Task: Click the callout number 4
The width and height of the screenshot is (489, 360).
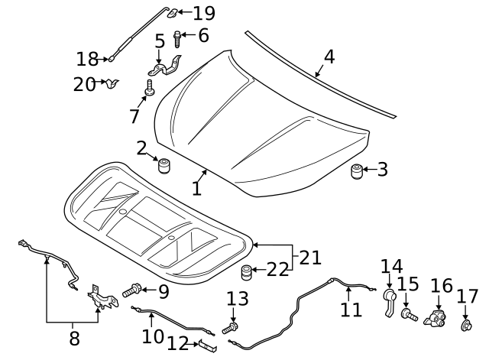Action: click(329, 57)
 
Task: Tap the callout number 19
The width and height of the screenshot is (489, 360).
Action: click(204, 13)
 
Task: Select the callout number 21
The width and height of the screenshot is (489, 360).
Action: click(309, 258)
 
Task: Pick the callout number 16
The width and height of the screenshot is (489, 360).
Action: click(441, 287)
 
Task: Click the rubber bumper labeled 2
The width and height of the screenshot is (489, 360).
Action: click(163, 166)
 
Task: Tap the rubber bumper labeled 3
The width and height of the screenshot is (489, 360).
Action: click(356, 170)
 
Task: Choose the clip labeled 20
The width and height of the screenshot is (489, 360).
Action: click(112, 83)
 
